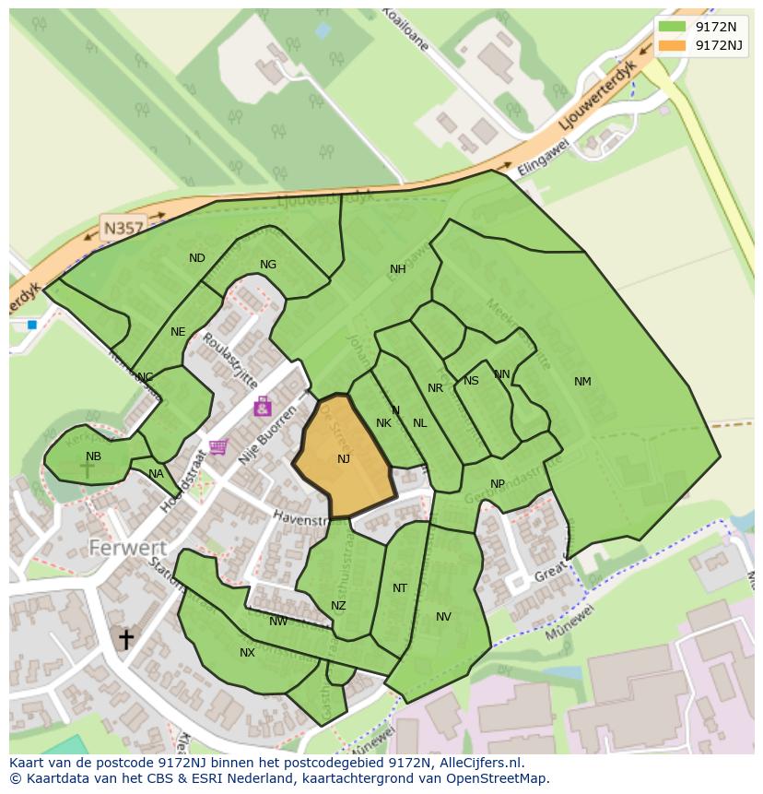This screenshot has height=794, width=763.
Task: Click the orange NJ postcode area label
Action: click(x=344, y=459)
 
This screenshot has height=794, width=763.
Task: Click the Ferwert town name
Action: click(x=127, y=548)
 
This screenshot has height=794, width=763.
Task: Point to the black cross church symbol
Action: click(x=125, y=638)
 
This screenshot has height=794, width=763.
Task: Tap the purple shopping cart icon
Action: click(x=218, y=447)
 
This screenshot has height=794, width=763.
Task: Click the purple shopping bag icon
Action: click(x=263, y=406)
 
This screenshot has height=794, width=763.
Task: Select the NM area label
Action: click(x=582, y=382)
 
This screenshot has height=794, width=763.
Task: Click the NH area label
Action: click(x=397, y=269)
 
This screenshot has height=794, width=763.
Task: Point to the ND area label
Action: click(x=197, y=258)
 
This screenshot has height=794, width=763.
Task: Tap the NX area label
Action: click(x=247, y=653)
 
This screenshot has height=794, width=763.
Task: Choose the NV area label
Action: click(x=443, y=617)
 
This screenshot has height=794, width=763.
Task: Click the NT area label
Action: click(x=399, y=588)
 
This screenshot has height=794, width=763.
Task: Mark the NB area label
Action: click(x=93, y=456)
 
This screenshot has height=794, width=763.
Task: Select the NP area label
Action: click(x=498, y=484)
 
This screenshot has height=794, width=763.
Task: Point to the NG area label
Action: click(x=268, y=265)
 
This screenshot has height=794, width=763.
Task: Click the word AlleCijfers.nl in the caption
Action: click(x=480, y=763)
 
